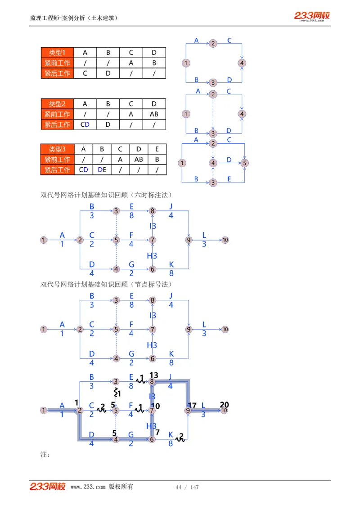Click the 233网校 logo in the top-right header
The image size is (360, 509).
pyautogui.click(x=312, y=16)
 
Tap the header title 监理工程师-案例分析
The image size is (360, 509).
pyautogui.click(x=74, y=18)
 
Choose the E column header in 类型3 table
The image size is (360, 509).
pyautogui.click(x=157, y=149)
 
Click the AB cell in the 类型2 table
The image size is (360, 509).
pyautogui.click(x=154, y=114)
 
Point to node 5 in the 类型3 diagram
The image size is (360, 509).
pyautogui.click(x=244, y=163)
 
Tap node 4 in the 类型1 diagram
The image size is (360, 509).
pyautogui.click(x=242, y=63)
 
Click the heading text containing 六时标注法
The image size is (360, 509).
pyautogui.click(x=106, y=195)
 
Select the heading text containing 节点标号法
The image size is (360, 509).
pyautogui.click(x=106, y=284)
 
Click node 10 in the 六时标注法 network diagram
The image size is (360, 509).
pyautogui.click(x=225, y=240)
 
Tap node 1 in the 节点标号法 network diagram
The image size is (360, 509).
pyautogui.click(x=44, y=330)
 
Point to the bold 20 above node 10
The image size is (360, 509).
pyautogui.click(x=224, y=405)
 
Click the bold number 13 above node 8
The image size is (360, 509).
pyautogui.click(x=154, y=375)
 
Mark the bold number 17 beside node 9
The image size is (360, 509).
pyautogui.click(x=193, y=405)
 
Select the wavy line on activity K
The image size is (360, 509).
pyautogui.click(x=180, y=438)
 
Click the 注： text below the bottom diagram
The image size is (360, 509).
pyautogui.click(x=45, y=455)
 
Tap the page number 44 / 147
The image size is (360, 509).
pyautogui.click(x=187, y=487)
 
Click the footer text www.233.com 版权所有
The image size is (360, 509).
pyautogui.click(x=102, y=487)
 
